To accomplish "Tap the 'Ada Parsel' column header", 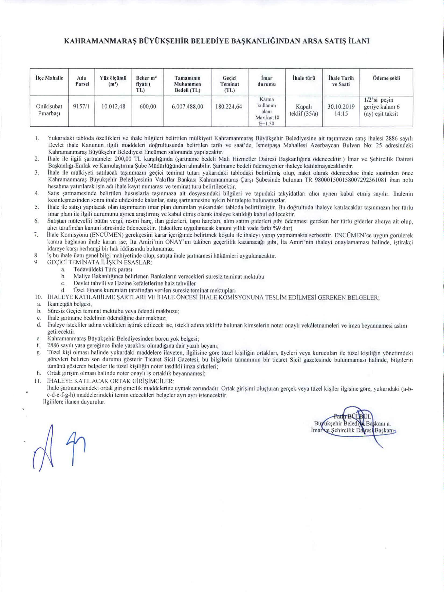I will [x=81, y=81].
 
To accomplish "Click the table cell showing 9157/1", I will [x=81, y=107].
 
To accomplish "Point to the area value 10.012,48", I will [x=113, y=107].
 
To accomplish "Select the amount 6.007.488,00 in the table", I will [x=187, y=107].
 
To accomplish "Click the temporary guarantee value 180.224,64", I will [x=229, y=107].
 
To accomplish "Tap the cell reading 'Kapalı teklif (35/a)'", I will [x=304, y=110].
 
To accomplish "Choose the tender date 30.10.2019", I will [x=341, y=107].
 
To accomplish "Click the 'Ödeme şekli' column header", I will [x=386, y=78].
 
